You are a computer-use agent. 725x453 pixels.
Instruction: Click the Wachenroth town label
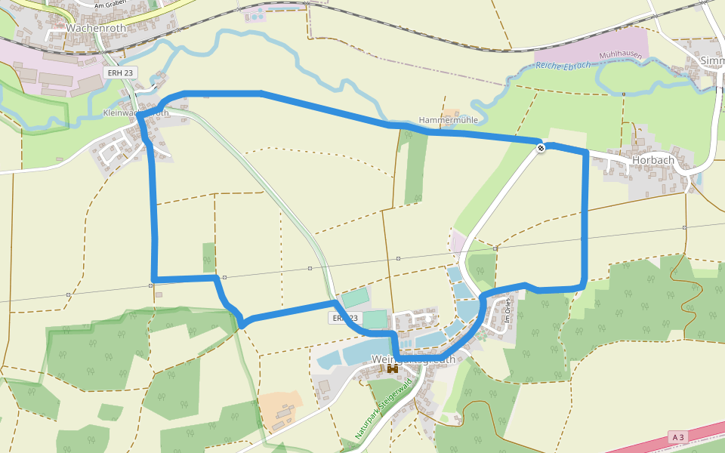click(x=95, y=27)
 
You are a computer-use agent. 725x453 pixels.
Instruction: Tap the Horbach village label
click(x=653, y=160)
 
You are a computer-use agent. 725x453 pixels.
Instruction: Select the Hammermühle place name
click(x=449, y=120)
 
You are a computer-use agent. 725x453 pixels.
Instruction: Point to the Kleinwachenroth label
click(x=135, y=113)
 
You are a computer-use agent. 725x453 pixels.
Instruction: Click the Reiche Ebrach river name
click(x=563, y=64)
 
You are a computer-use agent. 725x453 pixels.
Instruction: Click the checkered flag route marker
click(x=541, y=147)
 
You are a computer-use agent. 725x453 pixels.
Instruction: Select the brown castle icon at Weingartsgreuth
click(x=393, y=369)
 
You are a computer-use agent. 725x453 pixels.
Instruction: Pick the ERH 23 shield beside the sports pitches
click(x=344, y=319)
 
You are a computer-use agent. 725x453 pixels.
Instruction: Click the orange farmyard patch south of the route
click(x=279, y=408)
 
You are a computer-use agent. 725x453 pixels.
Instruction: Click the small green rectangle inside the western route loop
click(x=209, y=257)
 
